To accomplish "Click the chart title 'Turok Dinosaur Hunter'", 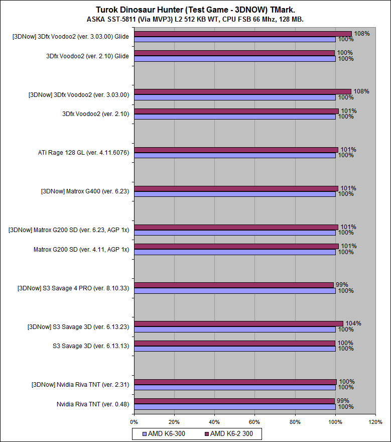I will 195,10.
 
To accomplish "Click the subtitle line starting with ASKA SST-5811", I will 195,19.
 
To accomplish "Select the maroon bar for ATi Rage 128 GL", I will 236,150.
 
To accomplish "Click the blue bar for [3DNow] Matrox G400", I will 234,194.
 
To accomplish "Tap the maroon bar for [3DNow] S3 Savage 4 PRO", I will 233,285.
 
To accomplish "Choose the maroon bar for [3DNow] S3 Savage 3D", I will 238,323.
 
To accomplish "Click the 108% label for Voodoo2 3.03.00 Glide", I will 361,34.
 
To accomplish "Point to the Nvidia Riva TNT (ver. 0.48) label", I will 93,404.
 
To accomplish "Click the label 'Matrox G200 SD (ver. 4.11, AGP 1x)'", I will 81,249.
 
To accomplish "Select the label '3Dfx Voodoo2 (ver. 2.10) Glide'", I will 87,56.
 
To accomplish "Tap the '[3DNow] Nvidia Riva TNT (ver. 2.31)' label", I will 80,385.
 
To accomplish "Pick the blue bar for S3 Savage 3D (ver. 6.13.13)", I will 234,349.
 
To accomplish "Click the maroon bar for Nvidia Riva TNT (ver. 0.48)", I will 234,401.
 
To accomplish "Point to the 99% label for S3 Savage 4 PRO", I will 341,285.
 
